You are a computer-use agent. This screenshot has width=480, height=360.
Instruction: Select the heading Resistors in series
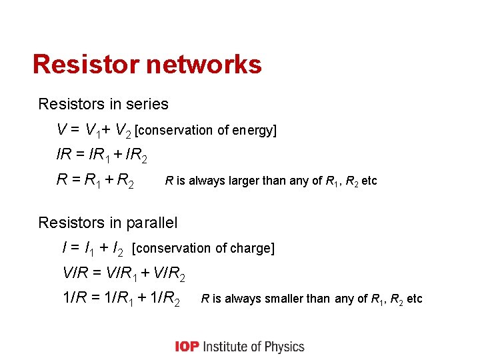(103, 104)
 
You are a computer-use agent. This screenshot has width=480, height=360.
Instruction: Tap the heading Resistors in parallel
(108, 222)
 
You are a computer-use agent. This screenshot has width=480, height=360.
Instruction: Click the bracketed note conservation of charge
(203, 248)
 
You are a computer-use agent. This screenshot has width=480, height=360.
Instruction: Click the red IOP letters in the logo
(187, 346)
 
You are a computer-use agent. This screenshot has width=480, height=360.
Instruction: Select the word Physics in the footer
(284, 346)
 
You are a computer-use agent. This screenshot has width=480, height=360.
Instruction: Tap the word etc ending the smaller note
(414, 299)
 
